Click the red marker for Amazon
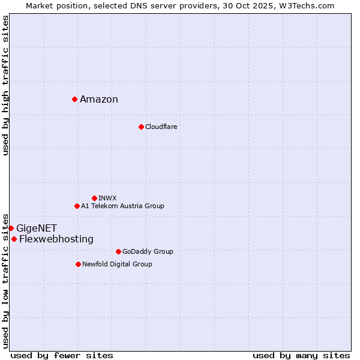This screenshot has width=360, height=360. [x=74, y=99]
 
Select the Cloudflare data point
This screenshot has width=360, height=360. [x=141, y=127]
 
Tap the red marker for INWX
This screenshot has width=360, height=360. [x=94, y=198]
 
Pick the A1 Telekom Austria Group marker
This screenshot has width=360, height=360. [x=77, y=206]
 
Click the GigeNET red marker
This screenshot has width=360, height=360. [x=11, y=228]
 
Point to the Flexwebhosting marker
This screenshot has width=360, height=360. [x=14, y=239]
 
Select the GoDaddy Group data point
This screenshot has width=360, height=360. [x=118, y=251]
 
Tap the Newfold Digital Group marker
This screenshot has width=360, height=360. [x=78, y=264]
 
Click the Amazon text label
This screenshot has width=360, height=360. [x=99, y=100]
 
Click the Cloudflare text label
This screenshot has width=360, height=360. [x=161, y=127]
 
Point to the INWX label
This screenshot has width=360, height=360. [x=107, y=198]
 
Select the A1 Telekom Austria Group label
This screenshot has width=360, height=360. [x=122, y=206]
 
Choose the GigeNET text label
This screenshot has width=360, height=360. [x=37, y=228]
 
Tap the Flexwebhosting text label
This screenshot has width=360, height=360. [x=56, y=239]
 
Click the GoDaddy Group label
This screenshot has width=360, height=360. [x=148, y=251]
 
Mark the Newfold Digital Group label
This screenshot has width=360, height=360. [x=117, y=264]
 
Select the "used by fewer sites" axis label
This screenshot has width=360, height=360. [x=62, y=355]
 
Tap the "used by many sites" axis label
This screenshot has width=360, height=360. [x=301, y=355]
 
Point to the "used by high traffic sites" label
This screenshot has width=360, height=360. [x=6, y=85]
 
